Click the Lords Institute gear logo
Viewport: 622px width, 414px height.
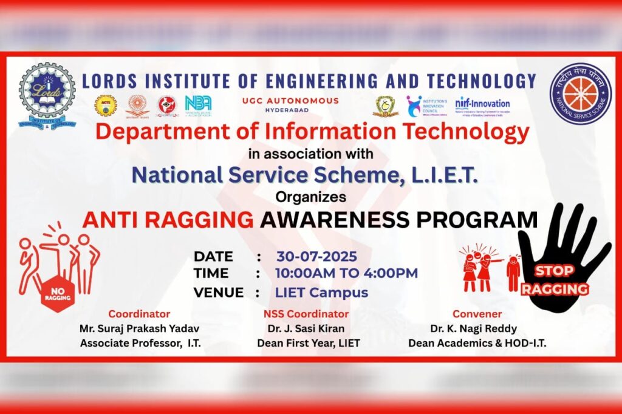47,95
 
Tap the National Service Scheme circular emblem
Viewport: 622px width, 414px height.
580,93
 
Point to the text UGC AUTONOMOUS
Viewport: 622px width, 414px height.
290,101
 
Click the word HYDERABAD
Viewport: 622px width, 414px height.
290,110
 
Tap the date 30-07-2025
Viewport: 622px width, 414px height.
316,256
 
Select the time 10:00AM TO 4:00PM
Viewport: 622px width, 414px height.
346,273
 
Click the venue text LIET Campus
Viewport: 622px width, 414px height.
321,292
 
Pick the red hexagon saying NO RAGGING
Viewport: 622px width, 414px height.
58,294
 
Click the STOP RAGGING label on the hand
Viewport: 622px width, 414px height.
555,280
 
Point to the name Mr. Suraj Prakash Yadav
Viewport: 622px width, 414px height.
139,328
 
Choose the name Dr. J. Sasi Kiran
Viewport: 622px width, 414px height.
306,328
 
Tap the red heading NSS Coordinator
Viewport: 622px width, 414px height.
306,314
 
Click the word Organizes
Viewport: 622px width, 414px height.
310,197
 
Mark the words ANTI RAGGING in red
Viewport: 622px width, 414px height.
168,219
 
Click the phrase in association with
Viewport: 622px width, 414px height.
310,153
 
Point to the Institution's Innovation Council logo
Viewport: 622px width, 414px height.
426,106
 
